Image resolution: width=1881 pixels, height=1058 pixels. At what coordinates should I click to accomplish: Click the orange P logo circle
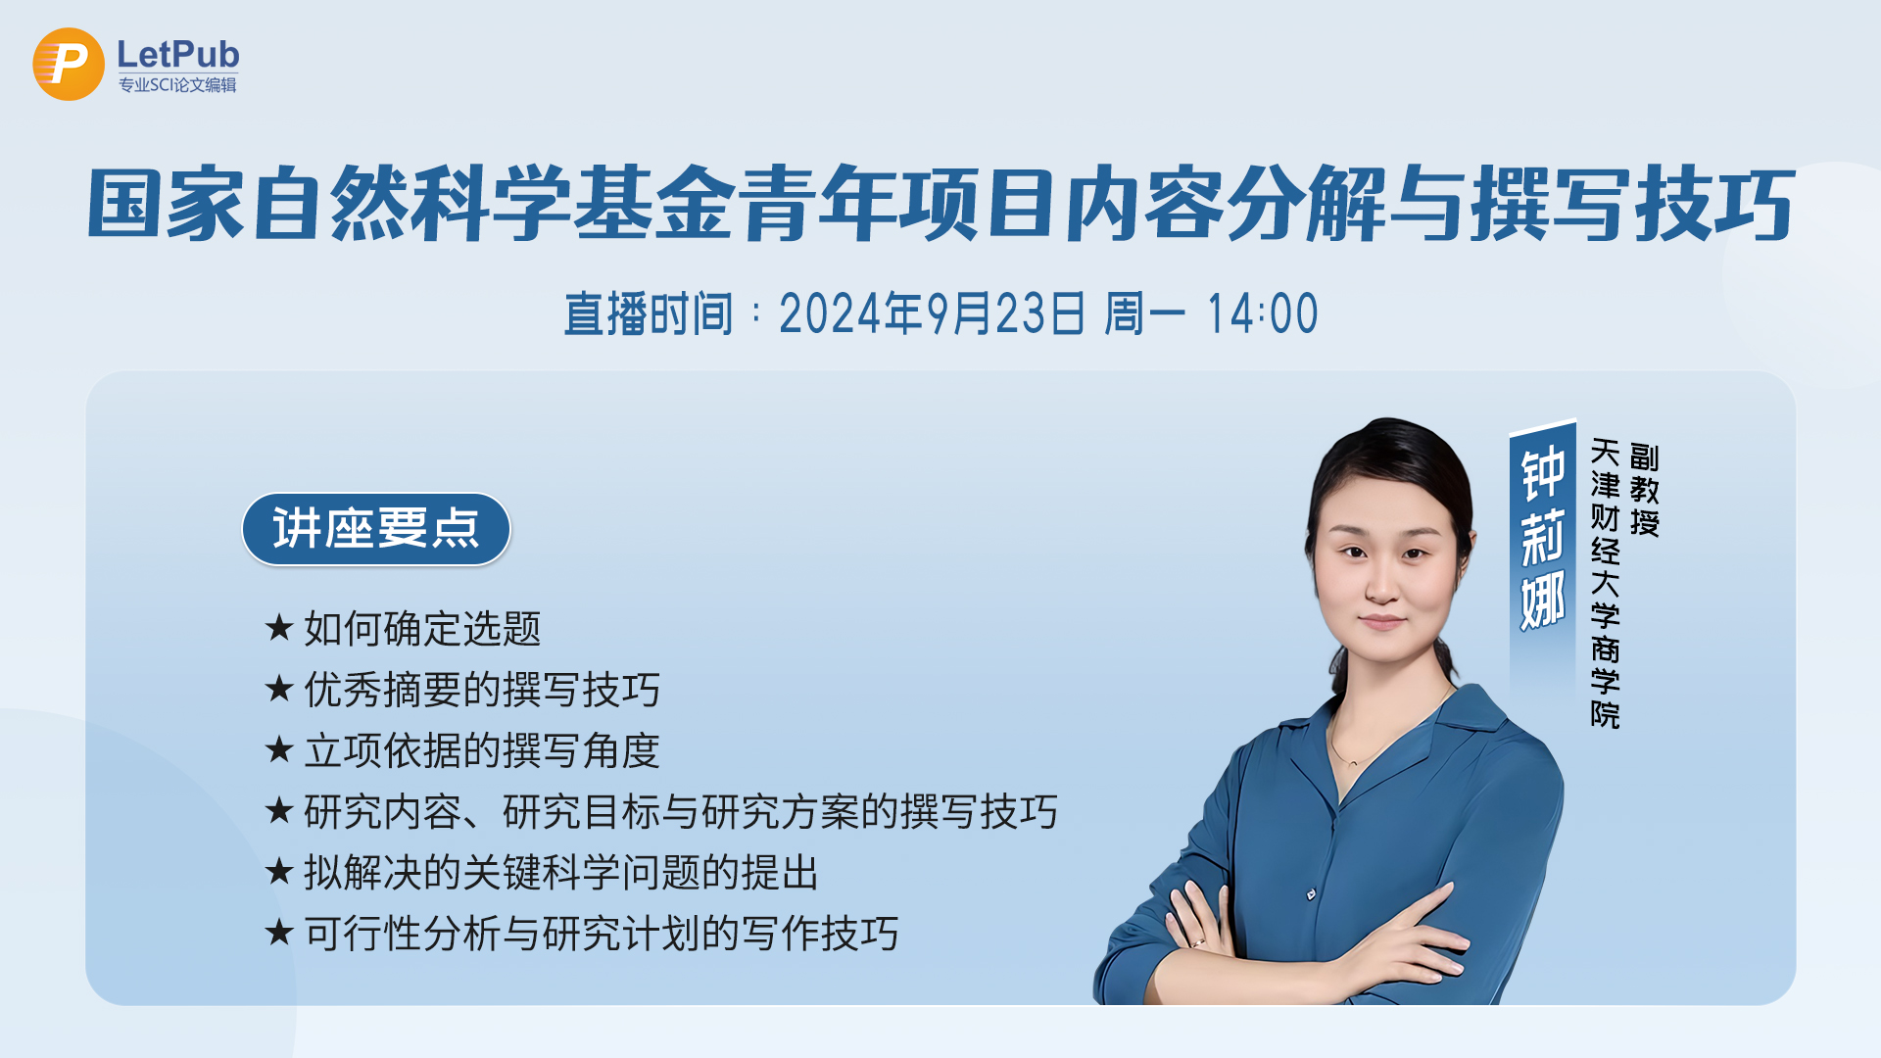click(x=69, y=64)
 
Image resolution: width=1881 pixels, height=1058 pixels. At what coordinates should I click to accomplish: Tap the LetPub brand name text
click(x=178, y=54)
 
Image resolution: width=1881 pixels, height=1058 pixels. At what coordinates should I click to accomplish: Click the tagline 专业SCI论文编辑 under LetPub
click(x=177, y=85)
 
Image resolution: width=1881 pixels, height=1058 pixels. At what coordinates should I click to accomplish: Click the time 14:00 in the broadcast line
click(x=1262, y=314)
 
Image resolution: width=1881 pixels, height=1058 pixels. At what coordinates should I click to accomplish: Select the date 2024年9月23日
click(x=932, y=314)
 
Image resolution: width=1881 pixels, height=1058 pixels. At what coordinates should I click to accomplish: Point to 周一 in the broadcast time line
click(x=1144, y=314)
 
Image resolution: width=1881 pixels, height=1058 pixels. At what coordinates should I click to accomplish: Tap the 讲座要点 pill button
click(x=376, y=529)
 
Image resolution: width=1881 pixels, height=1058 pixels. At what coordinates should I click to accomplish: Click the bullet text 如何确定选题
click(x=422, y=629)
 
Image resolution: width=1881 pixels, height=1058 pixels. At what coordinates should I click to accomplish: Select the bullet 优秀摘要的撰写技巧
click(x=482, y=690)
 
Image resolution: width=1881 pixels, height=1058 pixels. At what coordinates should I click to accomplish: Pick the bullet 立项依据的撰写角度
click(x=482, y=751)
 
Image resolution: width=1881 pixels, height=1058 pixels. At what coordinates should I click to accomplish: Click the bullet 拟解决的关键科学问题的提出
click(x=561, y=873)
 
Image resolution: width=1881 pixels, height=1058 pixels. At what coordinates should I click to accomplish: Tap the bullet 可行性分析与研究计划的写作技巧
click(x=602, y=934)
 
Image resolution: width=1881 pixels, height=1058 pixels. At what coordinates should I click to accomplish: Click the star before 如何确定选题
click(x=279, y=627)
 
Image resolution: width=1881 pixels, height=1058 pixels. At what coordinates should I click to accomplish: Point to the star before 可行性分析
click(x=279, y=932)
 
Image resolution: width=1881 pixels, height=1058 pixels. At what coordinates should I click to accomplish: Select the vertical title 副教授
click(x=1645, y=490)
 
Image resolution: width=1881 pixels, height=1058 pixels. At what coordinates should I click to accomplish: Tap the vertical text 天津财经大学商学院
click(x=1606, y=584)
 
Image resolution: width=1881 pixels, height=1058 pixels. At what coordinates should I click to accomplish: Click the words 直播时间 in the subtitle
click(x=649, y=314)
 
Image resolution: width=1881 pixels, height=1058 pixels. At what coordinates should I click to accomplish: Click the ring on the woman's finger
click(x=1197, y=942)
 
